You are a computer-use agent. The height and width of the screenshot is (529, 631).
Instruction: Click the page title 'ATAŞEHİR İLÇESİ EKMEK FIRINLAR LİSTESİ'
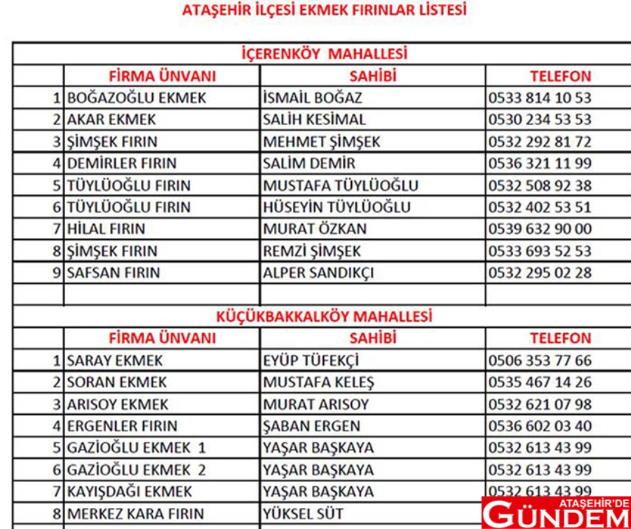click(x=323, y=11)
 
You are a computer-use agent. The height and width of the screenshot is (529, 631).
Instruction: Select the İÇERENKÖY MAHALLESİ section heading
click(x=323, y=54)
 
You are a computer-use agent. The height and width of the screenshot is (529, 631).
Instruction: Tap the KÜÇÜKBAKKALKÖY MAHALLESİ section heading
click(x=323, y=316)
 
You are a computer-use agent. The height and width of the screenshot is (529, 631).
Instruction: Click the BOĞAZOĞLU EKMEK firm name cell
click(x=137, y=98)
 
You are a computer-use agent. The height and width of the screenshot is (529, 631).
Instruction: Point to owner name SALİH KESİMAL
click(x=314, y=119)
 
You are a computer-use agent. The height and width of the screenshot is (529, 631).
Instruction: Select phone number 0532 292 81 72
click(x=540, y=142)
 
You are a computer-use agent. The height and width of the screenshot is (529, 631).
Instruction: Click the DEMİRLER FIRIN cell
click(x=122, y=163)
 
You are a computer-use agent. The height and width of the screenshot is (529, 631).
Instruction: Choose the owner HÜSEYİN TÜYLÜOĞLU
click(x=337, y=208)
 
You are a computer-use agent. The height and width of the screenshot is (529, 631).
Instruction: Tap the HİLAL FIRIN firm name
click(x=107, y=229)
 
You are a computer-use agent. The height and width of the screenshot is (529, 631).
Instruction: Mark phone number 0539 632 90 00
click(x=540, y=229)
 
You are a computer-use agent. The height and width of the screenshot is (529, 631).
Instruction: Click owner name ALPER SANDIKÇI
click(x=318, y=273)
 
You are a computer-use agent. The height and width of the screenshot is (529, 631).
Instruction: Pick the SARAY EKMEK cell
click(x=115, y=361)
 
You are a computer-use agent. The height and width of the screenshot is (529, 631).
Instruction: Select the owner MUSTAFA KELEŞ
click(x=318, y=382)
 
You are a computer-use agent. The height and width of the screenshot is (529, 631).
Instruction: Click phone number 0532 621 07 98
click(x=540, y=404)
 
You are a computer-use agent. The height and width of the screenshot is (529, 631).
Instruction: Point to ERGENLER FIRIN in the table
click(x=123, y=426)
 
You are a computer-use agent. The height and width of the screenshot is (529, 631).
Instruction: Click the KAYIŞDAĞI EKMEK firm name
click(x=130, y=491)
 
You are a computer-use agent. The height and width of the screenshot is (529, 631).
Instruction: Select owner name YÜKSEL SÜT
click(x=304, y=514)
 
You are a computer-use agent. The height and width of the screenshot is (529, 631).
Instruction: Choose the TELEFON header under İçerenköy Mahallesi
click(x=560, y=76)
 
